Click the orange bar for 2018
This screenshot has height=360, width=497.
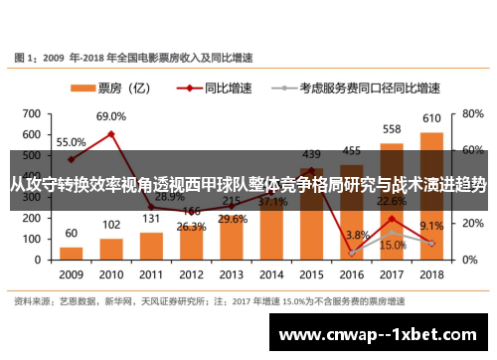click(x=431, y=195)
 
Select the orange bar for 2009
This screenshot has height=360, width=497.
click(x=71, y=250)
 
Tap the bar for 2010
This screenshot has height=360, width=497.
click(x=111, y=248)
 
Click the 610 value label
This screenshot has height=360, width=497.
click(x=431, y=119)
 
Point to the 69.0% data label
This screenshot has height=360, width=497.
click(x=111, y=116)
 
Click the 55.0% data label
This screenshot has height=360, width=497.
click(x=71, y=142)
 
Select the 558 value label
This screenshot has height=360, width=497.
click(x=392, y=129)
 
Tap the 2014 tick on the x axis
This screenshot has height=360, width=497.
click(x=271, y=273)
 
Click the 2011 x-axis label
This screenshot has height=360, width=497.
click(x=151, y=273)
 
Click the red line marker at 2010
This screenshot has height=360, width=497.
click(x=111, y=133)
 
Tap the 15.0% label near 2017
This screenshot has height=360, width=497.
click(x=393, y=245)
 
